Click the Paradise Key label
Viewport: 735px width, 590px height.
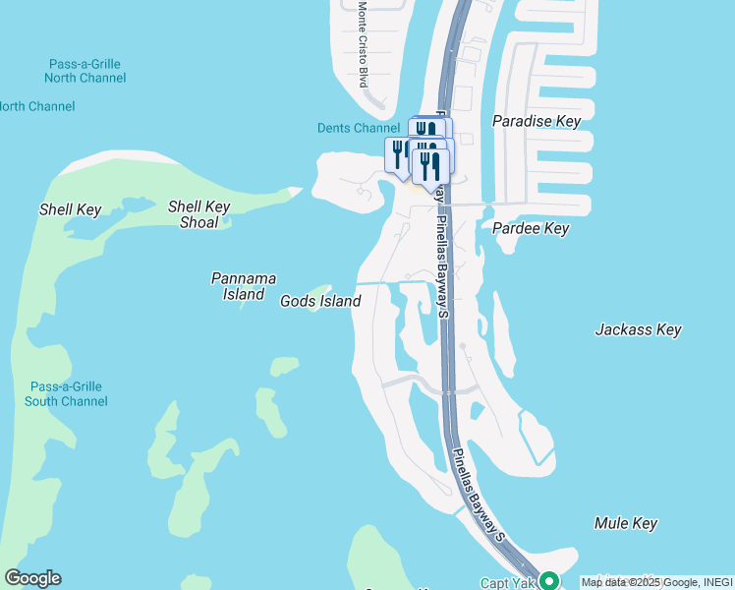point(537,121)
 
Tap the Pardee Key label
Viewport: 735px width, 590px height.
point(530,228)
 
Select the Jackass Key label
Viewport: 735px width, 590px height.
point(638,329)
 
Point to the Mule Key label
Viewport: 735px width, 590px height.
point(626,523)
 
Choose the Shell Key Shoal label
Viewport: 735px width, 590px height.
point(198,213)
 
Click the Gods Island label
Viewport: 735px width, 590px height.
point(320,301)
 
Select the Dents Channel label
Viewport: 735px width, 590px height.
point(359,128)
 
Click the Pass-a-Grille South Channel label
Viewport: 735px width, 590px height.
point(66,393)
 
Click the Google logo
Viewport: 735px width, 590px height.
point(32,578)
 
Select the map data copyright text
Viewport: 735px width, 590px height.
point(656,583)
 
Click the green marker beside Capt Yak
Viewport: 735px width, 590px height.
point(549,581)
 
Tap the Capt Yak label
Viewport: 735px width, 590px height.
point(507,583)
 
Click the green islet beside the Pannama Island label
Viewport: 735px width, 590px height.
point(245,302)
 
